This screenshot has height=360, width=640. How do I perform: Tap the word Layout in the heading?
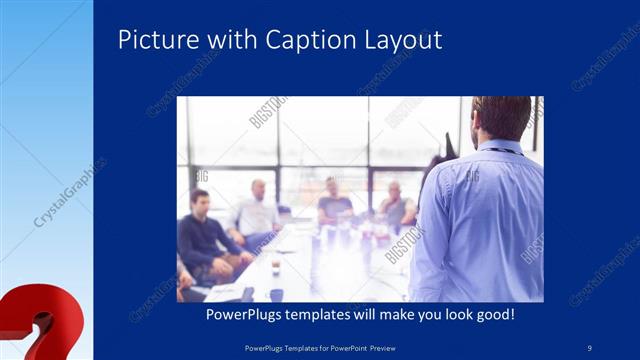[400, 41]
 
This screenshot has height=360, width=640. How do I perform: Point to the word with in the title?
[232, 40]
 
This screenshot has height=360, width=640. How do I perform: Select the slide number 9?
[590, 346]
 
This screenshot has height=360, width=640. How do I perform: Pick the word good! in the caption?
[494, 314]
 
